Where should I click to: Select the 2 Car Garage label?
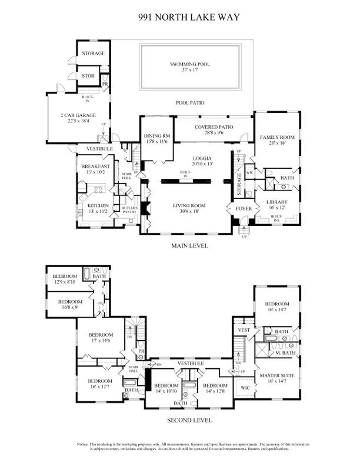[78, 115]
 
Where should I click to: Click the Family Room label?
[277, 137]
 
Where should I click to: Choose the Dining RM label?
[156, 137]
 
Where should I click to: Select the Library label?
[276, 202]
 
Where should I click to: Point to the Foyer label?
[244, 208]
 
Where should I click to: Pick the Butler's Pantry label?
[129, 210]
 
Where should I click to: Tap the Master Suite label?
[276, 375]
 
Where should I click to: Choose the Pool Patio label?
[190, 103]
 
